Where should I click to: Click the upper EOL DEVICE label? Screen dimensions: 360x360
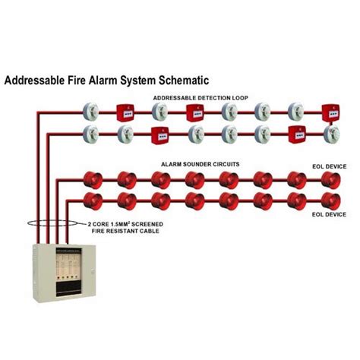pos(328,165)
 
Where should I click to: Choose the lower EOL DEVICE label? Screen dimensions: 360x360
pos(328,215)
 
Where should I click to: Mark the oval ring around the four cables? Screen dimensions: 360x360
pos(46,225)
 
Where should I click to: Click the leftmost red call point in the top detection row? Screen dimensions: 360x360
pos(125,112)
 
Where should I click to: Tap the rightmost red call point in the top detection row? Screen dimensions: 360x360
pos(330,112)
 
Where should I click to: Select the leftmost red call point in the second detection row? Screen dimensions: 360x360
pos(159,135)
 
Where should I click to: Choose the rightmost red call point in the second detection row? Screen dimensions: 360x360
pos(297,135)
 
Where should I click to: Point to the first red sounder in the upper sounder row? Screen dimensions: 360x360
pos(90,180)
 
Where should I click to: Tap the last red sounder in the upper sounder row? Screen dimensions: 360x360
pos(330,180)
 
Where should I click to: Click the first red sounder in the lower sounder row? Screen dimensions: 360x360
pos(90,201)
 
